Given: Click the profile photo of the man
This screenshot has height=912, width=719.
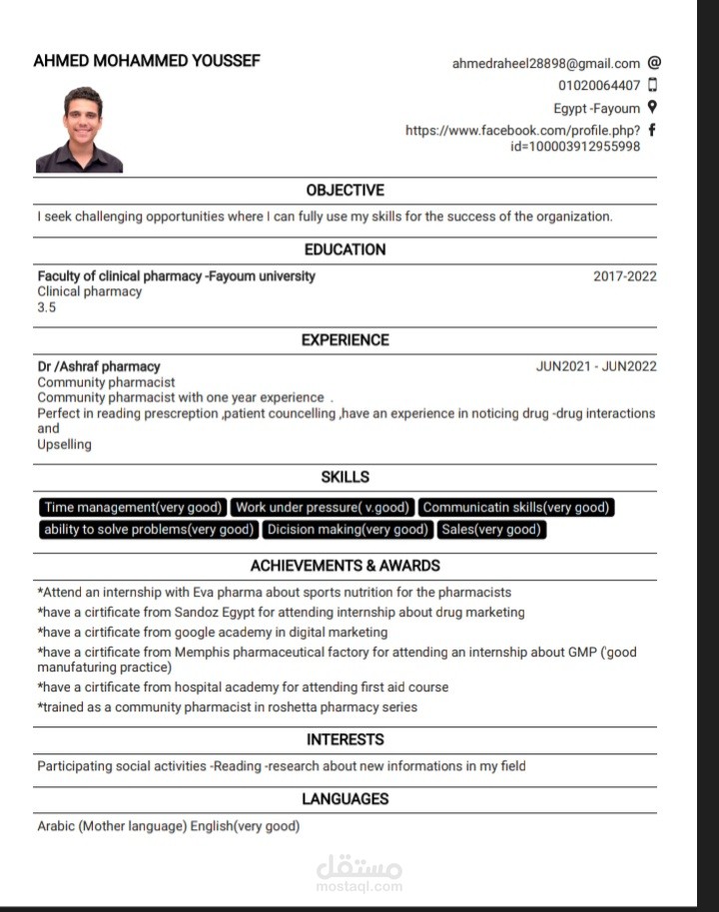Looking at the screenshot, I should click(x=79, y=130).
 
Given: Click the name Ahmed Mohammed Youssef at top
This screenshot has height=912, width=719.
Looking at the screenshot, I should click(x=147, y=61).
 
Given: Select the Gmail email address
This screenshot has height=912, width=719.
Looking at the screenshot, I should click(x=546, y=63).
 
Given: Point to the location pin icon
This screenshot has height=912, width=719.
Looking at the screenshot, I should click(x=653, y=107).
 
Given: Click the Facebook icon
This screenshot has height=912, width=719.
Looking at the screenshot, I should click(x=653, y=130).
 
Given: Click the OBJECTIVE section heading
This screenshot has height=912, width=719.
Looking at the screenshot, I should click(x=345, y=191).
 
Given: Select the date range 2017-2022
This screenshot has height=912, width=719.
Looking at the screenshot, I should click(x=625, y=276).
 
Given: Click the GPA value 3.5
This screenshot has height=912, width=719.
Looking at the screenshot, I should click(x=47, y=307).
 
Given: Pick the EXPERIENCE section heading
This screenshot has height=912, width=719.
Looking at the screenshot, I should click(x=345, y=340).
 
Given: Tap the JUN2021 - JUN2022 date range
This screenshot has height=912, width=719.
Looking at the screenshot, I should click(x=596, y=366).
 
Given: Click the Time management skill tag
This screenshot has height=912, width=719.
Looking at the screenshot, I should click(x=133, y=508).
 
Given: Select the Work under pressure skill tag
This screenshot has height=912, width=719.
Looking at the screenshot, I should click(x=323, y=508).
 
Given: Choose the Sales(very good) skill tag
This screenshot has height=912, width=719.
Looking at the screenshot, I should click(x=490, y=530).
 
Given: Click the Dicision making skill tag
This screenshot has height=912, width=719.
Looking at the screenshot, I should click(x=348, y=530).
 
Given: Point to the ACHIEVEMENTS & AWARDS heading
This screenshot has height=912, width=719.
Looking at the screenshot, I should click(x=345, y=566).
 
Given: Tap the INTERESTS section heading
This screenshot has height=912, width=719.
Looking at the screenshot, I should click(x=345, y=739).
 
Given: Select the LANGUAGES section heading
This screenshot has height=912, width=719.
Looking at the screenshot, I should click(x=345, y=799).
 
